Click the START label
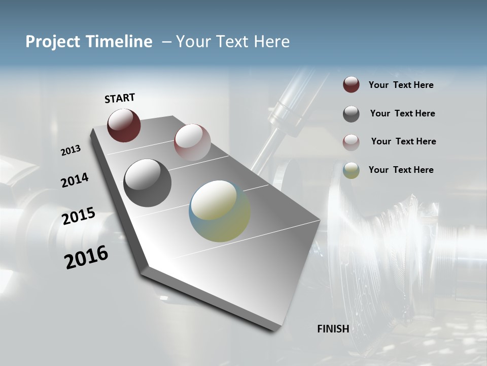[x=120, y=98]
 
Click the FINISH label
[x=333, y=329]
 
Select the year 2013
[x=71, y=150]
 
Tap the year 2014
[x=75, y=180]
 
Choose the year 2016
[x=86, y=257]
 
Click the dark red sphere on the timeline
[x=124, y=125]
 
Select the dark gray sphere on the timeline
[x=147, y=182]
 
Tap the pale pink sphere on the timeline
[x=192, y=142]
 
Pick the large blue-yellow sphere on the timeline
[x=220, y=211]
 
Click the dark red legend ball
[x=351, y=85]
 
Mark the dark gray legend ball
[x=351, y=114]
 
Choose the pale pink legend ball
[x=351, y=142]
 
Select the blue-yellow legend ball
[x=351, y=170]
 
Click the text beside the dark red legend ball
[x=401, y=85]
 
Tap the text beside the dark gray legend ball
[x=402, y=113]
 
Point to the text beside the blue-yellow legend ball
[x=401, y=170]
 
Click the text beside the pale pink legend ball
[x=403, y=141]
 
